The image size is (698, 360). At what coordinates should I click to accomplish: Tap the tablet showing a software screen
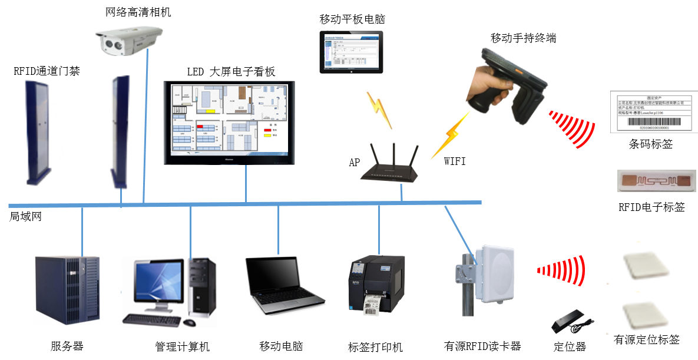pyautogui.click(x=352, y=49)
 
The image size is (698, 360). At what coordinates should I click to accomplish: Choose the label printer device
pyautogui.click(x=376, y=283)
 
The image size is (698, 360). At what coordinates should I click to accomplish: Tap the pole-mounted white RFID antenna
pyautogui.click(x=494, y=273)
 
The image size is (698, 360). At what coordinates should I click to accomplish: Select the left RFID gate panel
pyautogui.click(x=37, y=133)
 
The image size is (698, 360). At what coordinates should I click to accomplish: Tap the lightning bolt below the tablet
pyautogui.click(x=377, y=110)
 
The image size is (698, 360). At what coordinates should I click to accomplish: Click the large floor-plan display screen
pyautogui.click(x=229, y=123)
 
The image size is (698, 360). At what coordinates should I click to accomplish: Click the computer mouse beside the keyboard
pyautogui.click(x=189, y=323)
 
